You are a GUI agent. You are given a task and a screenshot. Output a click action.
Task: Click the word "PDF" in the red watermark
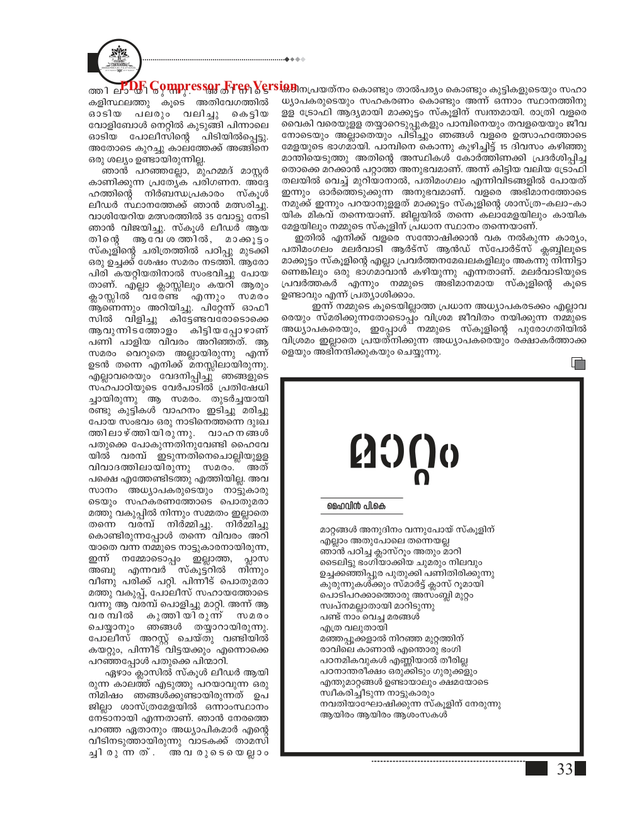[133, 86]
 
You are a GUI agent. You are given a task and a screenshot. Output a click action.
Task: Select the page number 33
[564, 769]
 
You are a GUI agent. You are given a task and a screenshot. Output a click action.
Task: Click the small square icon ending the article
[577, 363]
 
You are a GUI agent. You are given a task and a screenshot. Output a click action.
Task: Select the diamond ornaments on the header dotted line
[296, 60]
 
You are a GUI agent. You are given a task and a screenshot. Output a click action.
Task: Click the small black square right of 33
[580, 769]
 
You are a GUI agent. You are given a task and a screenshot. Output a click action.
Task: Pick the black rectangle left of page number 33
[537, 769]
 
